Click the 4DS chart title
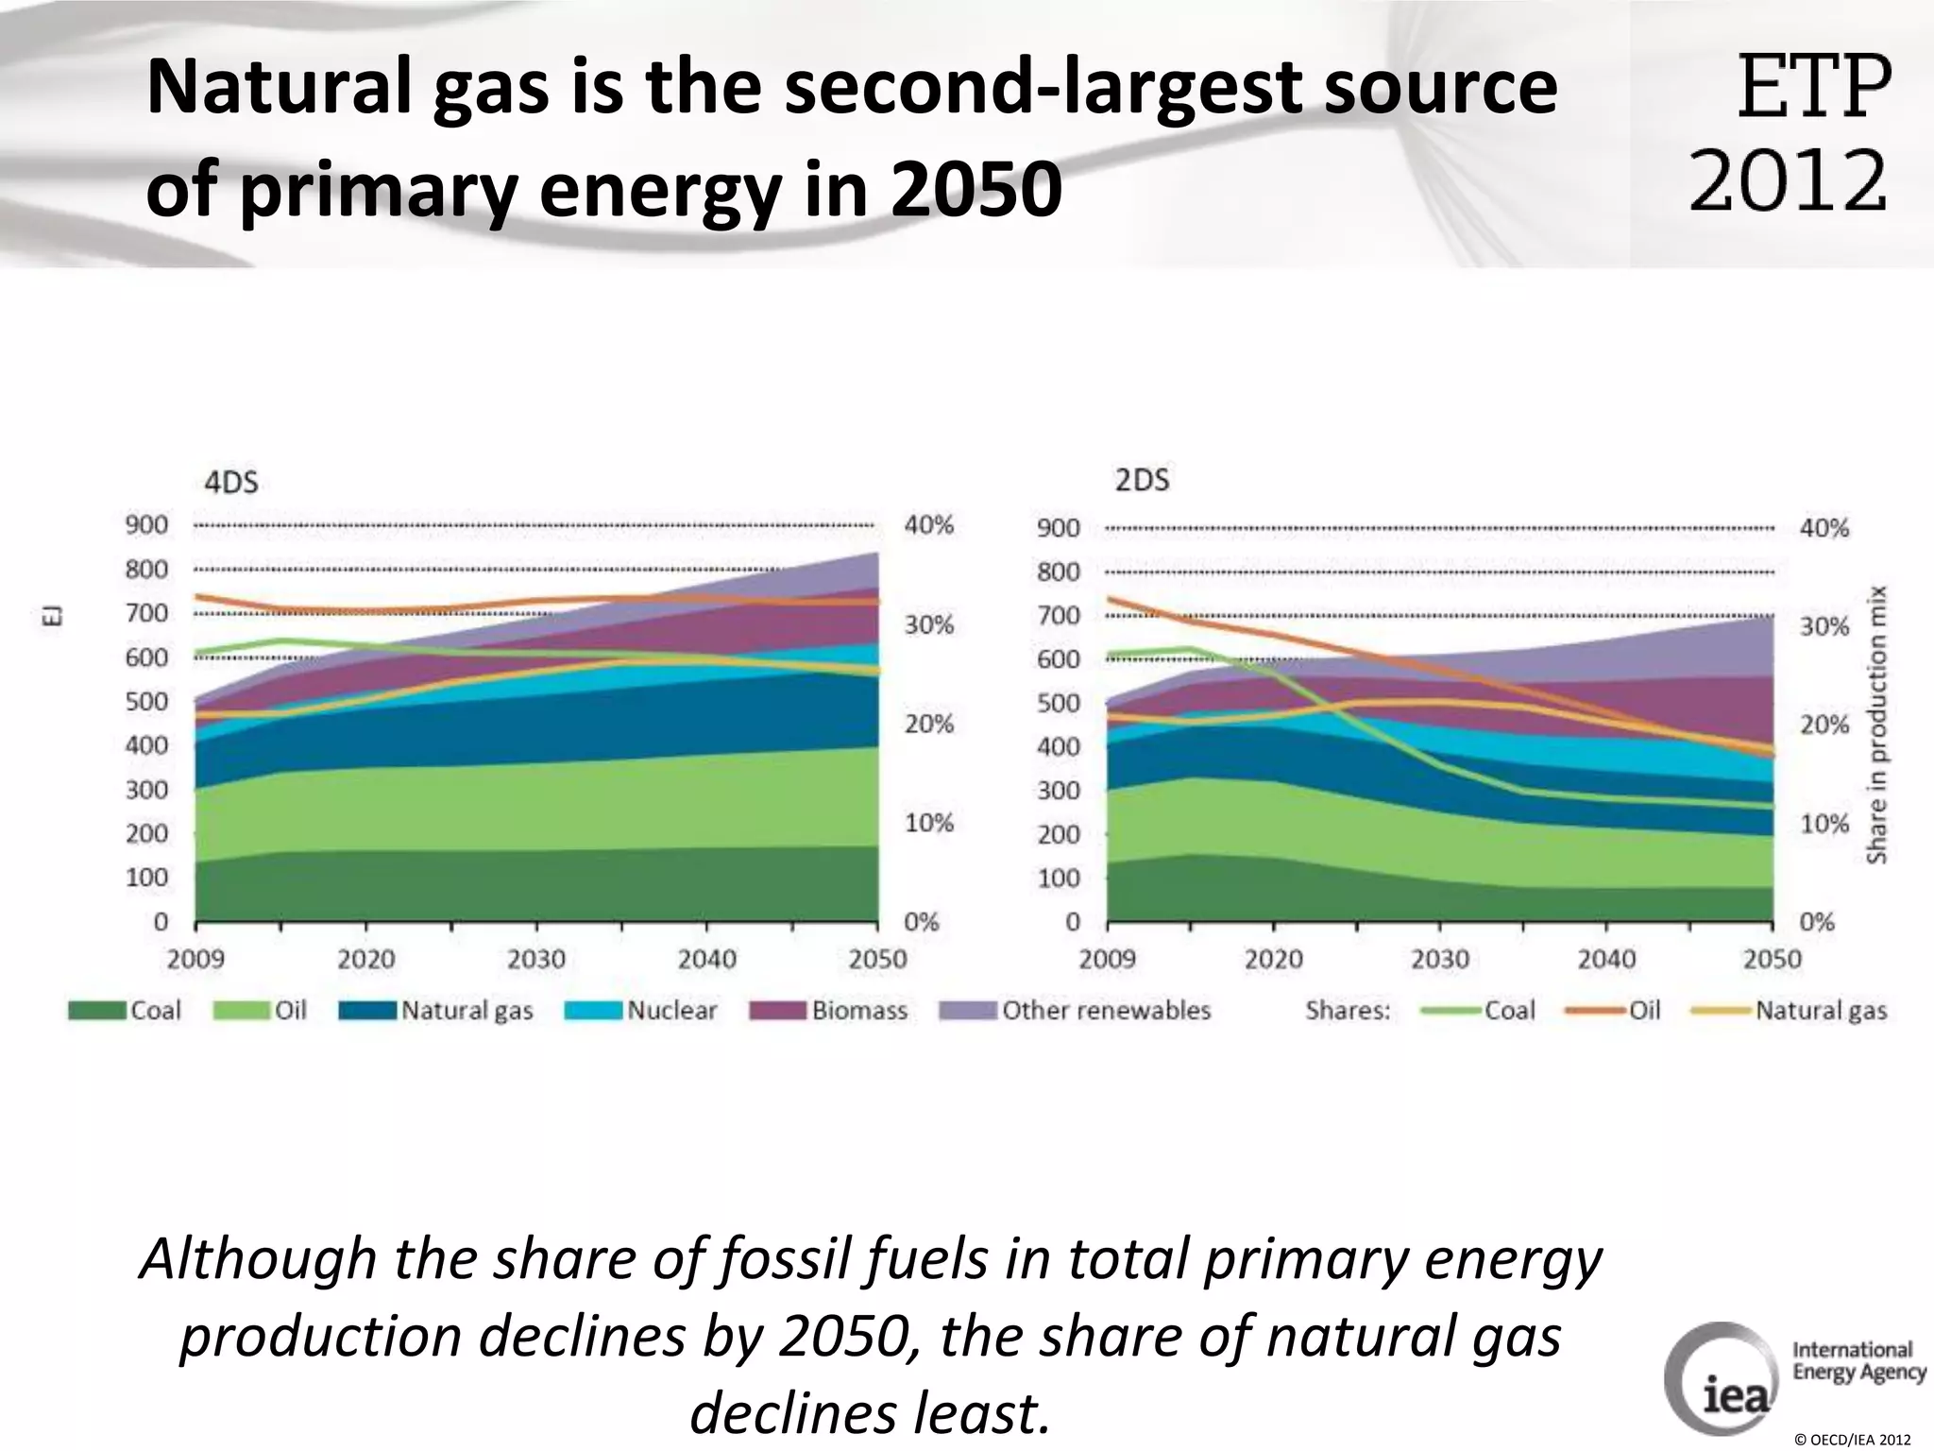click(231, 483)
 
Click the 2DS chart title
click(1142, 481)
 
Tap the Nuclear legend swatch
click(594, 1011)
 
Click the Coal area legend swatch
click(96, 1011)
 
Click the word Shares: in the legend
click(1348, 1011)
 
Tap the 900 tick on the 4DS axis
click(146, 525)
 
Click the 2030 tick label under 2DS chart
click(1440, 960)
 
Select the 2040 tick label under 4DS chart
click(706, 960)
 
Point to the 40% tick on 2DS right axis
click(1824, 529)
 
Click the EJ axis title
click(54, 617)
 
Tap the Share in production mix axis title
click(1876, 724)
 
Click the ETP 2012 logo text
click(1790, 132)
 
